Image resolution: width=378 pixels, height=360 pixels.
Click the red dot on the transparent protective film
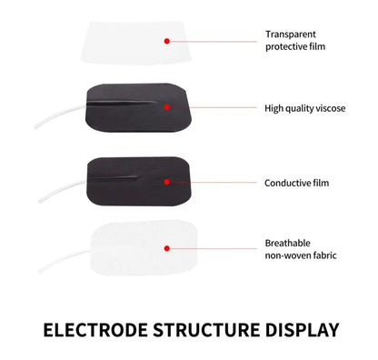tap(166, 41)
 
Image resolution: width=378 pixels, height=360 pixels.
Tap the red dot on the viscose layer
tap(166, 107)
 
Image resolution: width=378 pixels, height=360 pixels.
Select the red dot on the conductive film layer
tap(166, 183)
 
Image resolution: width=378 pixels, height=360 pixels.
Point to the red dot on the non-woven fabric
tap(166, 247)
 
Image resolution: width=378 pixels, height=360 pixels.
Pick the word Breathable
tap(287, 243)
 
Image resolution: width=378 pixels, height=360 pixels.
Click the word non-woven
tap(287, 256)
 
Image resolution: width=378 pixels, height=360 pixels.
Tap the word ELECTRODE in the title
tap(96, 328)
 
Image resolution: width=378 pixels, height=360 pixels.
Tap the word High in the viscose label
tap(274, 107)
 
